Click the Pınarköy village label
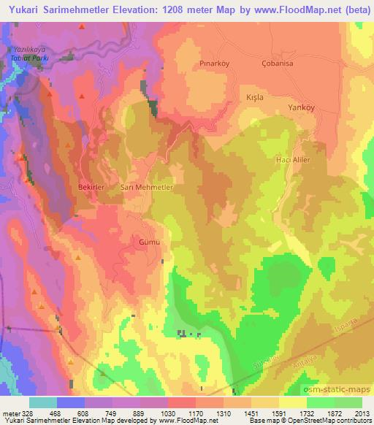tap(215, 64)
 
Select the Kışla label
tap(251, 96)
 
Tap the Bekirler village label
tap(92, 188)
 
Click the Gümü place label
tap(148, 240)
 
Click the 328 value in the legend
tap(25, 413)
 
